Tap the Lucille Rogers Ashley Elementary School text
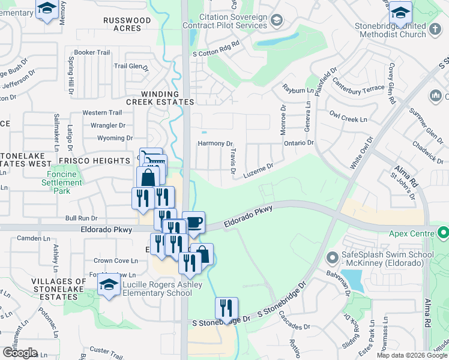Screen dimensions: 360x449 tap(157, 289)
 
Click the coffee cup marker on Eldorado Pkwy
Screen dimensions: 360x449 tap(193, 222)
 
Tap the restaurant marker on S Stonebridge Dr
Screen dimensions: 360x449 tap(226, 308)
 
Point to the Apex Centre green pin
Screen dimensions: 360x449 tap(444, 232)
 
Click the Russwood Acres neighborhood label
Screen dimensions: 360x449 tap(127, 24)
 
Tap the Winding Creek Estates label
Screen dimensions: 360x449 tap(168, 98)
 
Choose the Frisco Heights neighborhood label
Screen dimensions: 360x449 tap(94, 161)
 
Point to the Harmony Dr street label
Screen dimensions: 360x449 tap(215, 144)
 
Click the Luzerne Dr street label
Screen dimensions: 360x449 tap(258, 170)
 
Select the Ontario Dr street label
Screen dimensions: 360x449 tap(298, 143)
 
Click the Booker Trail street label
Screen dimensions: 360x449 tap(92, 52)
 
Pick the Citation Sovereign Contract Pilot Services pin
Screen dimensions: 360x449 tap(276, 20)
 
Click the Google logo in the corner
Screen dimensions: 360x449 tap(20, 353)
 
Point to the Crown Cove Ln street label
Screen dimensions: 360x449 tap(115, 260)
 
